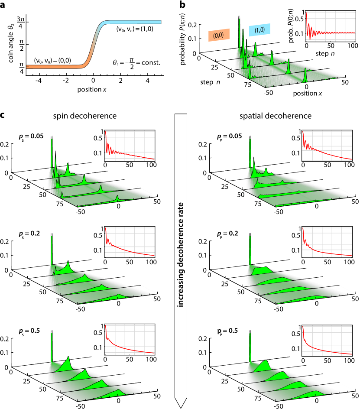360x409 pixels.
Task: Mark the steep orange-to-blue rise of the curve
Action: pos(95,43)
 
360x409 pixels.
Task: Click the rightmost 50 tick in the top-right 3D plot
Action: pos(345,81)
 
